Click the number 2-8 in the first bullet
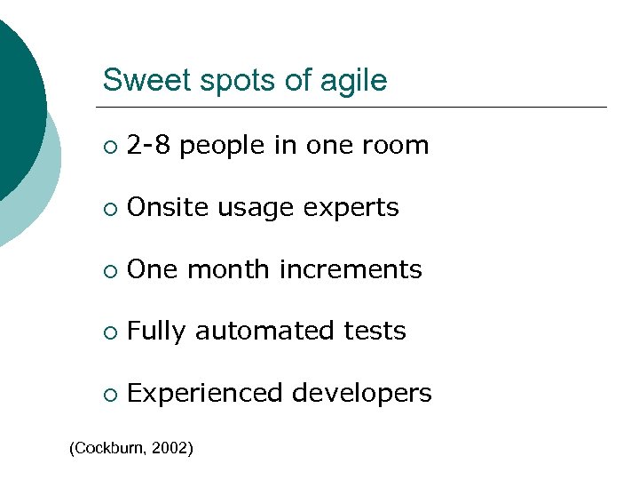(149, 145)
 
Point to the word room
(397, 146)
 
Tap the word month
(225, 269)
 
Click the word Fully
(156, 332)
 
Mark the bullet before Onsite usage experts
(108, 208)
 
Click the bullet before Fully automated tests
(108, 332)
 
